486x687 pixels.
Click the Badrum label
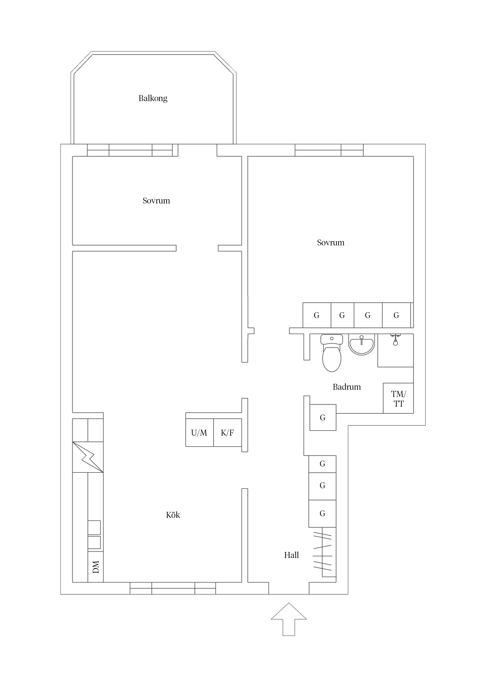click(346, 387)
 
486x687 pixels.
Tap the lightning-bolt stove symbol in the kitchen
click(88, 457)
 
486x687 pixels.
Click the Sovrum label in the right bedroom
click(331, 242)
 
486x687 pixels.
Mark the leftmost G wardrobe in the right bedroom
click(316, 315)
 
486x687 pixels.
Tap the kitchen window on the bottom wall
click(173, 588)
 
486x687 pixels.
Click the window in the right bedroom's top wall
click(329, 150)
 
